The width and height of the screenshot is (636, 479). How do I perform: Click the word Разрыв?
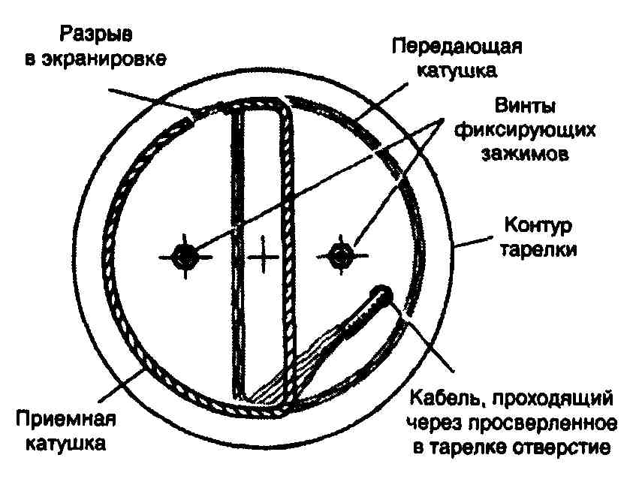pyautogui.click(x=96, y=35)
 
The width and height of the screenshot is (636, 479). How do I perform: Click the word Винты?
pyautogui.click(x=525, y=107)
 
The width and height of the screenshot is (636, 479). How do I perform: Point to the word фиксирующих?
pyautogui.click(x=525, y=131)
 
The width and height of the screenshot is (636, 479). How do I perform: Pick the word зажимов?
pyautogui.click(x=525, y=154)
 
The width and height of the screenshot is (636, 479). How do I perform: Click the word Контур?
pyautogui.click(x=538, y=226)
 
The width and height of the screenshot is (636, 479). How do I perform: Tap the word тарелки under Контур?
pyautogui.click(x=538, y=249)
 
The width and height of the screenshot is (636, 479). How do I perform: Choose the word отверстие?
pyautogui.click(x=560, y=447)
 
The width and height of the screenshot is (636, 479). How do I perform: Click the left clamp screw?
pyautogui.click(x=185, y=256)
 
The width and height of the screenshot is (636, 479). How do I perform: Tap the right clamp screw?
pyautogui.click(x=342, y=255)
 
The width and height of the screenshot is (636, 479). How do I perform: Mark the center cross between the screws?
pyautogui.click(x=264, y=256)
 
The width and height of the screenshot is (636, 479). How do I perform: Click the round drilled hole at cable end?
pyautogui.click(x=381, y=294)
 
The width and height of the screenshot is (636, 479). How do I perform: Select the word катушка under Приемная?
pyautogui.click(x=66, y=443)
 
